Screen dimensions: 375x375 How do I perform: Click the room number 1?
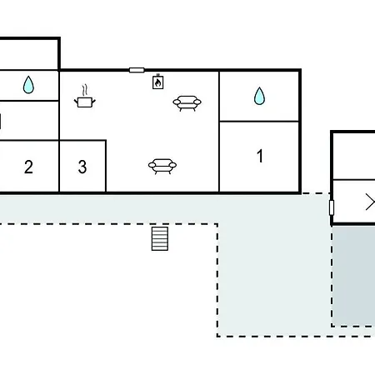260,156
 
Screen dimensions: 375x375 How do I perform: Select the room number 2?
28,167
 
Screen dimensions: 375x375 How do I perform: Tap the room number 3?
82,167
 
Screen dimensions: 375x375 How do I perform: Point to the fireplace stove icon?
157,82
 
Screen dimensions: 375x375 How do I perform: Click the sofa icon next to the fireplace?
187,103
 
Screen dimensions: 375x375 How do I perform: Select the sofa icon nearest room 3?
162,166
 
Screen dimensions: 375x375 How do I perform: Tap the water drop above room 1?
259,96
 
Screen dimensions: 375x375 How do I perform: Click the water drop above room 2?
28,84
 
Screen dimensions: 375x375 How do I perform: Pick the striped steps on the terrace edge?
160,239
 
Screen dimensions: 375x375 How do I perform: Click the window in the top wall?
137,70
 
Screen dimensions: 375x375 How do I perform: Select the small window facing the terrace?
332,207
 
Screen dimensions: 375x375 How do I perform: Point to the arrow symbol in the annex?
371,202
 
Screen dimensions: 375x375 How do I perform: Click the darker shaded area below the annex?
353,276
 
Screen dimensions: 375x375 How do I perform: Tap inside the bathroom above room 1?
259,96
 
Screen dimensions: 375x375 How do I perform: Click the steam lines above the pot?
85,90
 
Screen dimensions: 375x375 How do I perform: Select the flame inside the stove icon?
157,82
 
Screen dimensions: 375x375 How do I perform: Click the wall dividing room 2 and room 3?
59,166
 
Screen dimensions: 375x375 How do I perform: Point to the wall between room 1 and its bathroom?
259,122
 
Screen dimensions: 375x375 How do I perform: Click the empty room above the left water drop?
28,54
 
